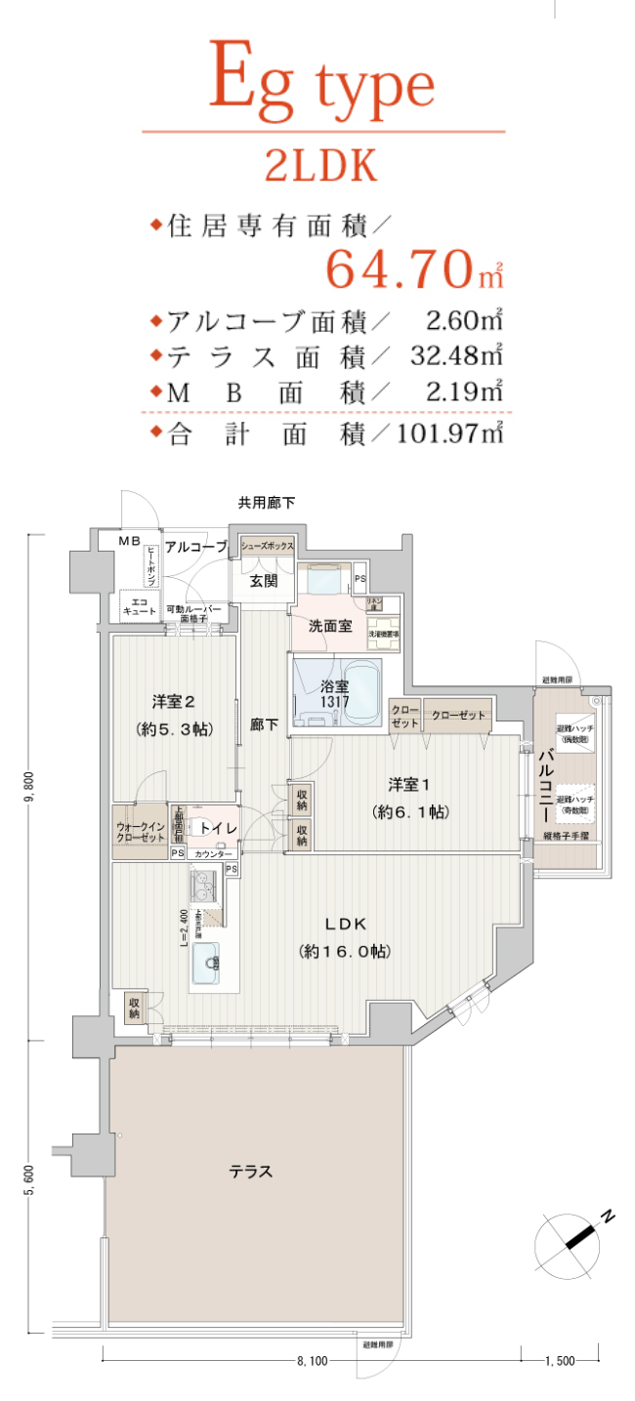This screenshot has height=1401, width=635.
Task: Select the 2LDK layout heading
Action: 321,167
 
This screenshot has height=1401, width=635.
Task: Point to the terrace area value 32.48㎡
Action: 450,355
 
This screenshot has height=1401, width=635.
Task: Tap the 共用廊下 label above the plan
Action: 267,503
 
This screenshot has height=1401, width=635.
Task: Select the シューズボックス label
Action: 261,547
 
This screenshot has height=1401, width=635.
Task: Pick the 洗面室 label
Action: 330,626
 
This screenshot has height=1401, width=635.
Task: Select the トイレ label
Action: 218,827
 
